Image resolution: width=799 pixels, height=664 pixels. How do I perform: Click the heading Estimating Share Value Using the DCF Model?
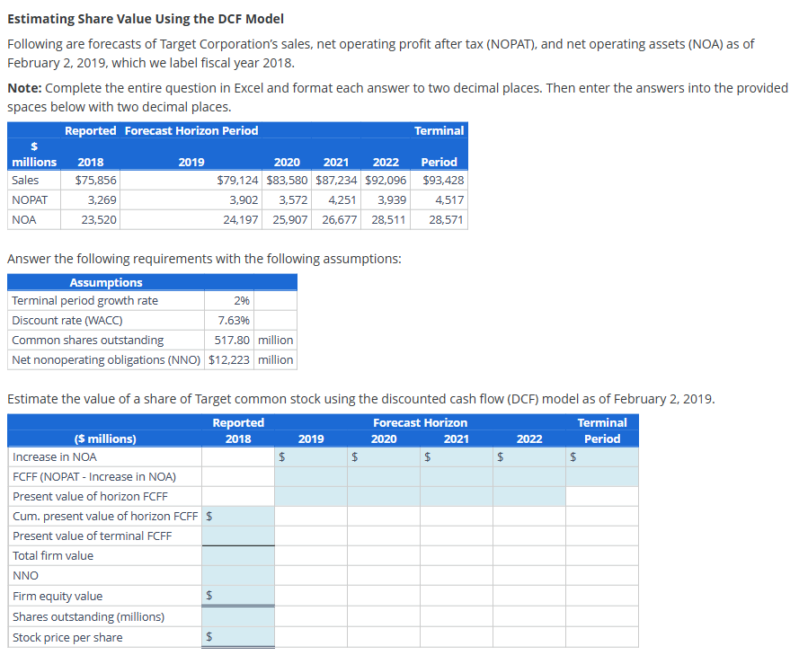145,19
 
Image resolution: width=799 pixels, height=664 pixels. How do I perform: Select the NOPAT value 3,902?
244,199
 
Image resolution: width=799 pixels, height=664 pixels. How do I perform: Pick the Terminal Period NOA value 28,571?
447,219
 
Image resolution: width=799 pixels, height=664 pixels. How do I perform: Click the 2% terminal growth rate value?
242,301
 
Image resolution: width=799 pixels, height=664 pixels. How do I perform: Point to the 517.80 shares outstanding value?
234,341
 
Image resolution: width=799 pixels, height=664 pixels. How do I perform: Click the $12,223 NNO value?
230,360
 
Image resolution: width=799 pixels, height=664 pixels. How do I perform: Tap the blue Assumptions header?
106,282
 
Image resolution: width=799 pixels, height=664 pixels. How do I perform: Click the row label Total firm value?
53,556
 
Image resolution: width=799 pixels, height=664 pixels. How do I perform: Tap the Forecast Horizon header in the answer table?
420,422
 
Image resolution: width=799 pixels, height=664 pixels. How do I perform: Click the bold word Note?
24,88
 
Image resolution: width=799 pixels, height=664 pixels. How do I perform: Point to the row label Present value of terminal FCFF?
93,536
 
